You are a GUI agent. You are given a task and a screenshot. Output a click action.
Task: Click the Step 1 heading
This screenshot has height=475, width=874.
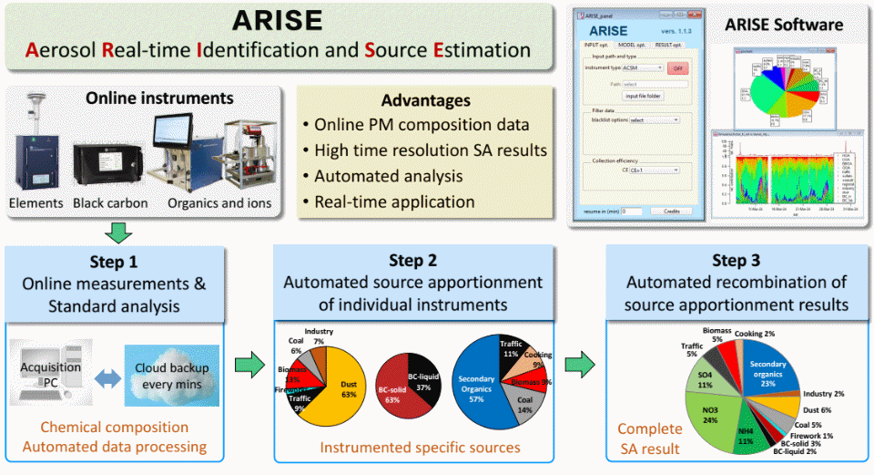coord(114,262)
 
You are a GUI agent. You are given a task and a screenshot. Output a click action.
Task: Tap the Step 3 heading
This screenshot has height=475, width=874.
coord(736,262)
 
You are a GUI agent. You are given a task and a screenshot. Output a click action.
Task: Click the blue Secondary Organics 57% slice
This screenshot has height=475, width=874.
coord(480,383)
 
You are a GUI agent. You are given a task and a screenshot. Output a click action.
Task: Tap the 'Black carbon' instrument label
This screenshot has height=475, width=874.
coord(111,203)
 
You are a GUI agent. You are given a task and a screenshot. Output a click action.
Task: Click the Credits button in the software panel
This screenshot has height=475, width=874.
coord(671,211)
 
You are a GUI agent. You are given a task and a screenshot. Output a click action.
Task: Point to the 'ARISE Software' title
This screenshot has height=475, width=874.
coord(786,25)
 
